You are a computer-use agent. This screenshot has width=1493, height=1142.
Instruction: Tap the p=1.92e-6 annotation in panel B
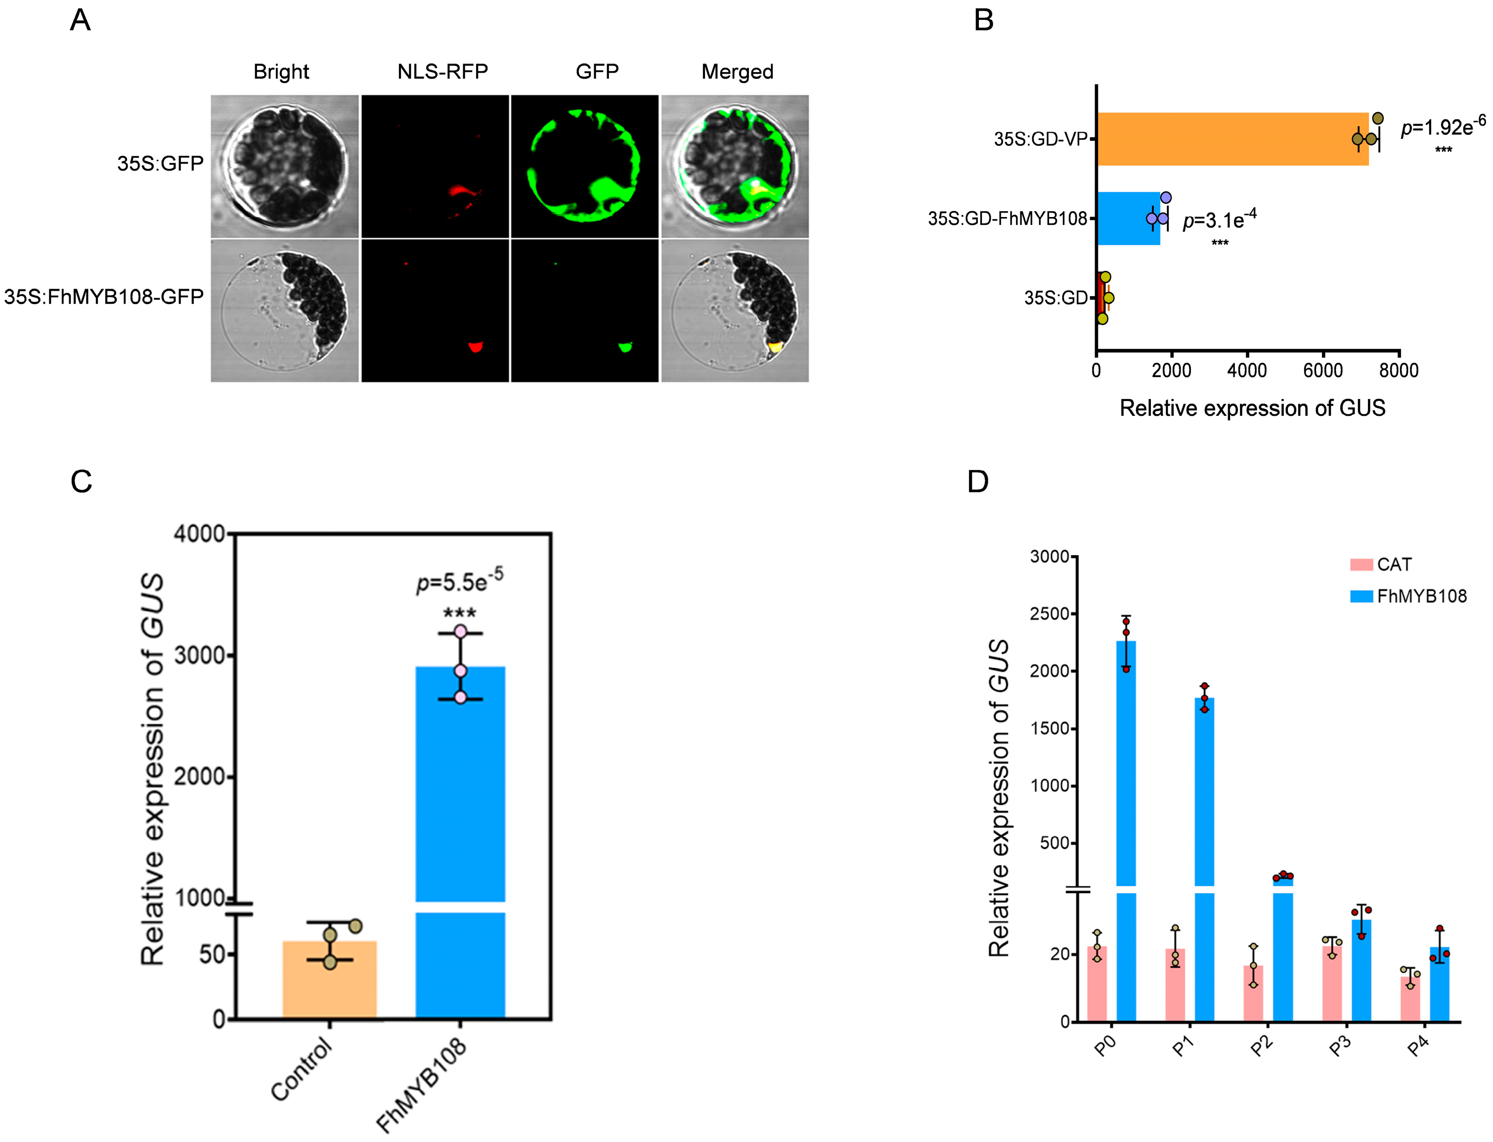coord(1443,127)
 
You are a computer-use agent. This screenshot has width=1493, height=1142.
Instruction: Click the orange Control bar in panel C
coord(330,979)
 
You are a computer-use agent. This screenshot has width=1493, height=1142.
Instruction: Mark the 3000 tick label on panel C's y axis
coord(199,656)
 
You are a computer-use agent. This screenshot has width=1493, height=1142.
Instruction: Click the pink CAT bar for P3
coord(1332,983)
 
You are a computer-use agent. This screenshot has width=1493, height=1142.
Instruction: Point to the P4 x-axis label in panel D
coord(1418,1048)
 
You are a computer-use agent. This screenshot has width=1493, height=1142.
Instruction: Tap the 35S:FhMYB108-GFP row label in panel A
coord(104,297)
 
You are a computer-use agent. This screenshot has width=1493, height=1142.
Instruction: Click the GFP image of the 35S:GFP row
coord(584,167)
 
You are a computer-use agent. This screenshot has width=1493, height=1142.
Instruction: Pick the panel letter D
coord(977,482)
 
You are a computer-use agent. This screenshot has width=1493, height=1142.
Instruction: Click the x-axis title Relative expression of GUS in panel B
coord(1252,408)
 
